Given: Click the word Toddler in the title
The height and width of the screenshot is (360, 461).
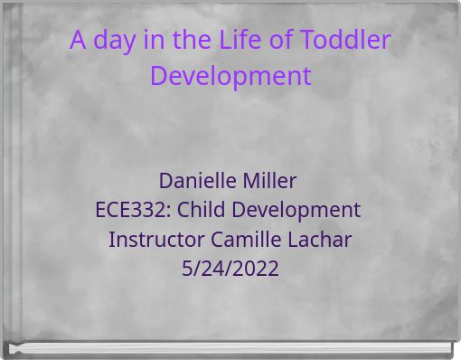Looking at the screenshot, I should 346,41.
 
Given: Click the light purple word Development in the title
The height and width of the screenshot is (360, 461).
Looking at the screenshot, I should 230,76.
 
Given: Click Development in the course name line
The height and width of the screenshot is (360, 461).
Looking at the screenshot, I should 295,210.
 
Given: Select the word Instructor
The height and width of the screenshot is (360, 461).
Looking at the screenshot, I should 156,240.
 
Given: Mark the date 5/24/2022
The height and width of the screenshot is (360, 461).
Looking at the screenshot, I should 230,269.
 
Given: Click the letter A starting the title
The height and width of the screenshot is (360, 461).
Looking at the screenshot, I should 78,41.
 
